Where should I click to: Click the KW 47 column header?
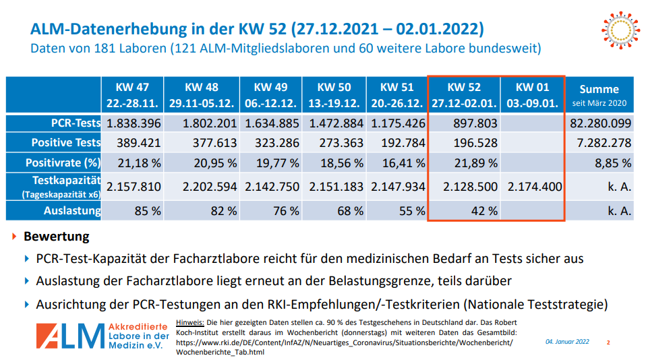(x=132, y=96)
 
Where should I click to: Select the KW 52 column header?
(x=464, y=96)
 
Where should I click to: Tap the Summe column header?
(x=599, y=96)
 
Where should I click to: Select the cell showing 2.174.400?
(x=534, y=186)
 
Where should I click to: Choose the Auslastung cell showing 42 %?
(x=483, y=210)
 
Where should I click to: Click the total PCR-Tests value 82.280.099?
(x=600, y=123)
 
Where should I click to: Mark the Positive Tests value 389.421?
(x=133, y=143)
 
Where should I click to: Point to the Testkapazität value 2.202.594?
(x=209, y=186)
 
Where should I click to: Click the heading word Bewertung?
(x=56, y=237)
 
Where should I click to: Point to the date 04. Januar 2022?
(x=567, y=342)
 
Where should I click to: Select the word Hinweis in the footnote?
(x=190, y=322)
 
